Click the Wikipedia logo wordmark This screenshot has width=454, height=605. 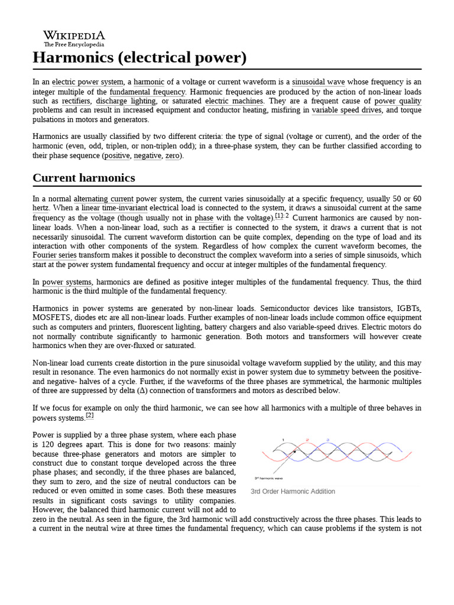tap(74, 35)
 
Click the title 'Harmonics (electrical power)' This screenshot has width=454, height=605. tap(139, 58)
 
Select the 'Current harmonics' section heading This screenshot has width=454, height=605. tap(83, 178)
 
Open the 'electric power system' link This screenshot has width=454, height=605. tap(87, 82)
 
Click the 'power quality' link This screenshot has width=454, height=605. tap(398, 101)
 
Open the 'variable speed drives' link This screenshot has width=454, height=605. tap(346, 110)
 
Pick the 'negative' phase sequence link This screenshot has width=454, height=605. tap(147, 156)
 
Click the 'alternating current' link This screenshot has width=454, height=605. tap(103, 199)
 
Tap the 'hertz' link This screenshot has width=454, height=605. tap(41, 209)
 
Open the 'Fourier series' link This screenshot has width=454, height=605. tap(54, 256)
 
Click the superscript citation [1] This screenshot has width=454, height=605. tap(279, 216)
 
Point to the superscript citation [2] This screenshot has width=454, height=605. tap(90, 415)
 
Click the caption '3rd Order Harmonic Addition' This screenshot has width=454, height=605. tap(293, 492)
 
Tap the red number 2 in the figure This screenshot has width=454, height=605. tap(307, 440)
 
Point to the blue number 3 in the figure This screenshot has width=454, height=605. tap(328, 440)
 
